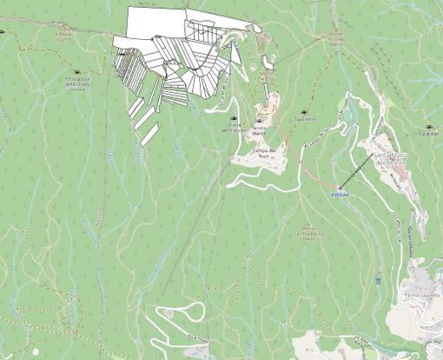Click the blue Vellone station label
click(340, 195)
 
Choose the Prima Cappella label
click(424, 296)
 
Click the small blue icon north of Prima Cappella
click(379, 279)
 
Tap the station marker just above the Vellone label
click(341, 187)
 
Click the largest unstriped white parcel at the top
click(156, 22)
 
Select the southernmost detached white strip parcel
click(149, 133)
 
